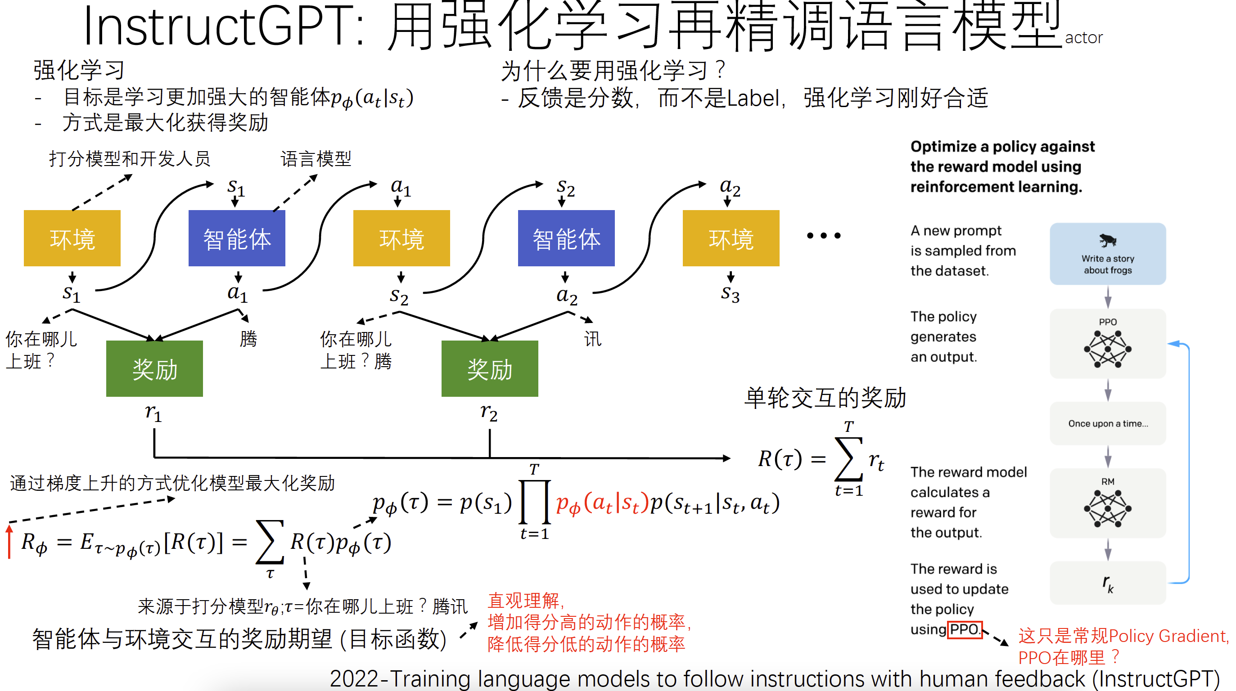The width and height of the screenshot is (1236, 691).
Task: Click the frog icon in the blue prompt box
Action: point(1107,240)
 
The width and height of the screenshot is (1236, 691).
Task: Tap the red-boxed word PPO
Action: point(965,629)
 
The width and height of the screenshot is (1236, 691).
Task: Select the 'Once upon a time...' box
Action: point(1107,423)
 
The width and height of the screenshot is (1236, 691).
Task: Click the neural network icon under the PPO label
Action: point(1107,349)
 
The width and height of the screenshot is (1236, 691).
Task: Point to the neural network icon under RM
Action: point(1107,509)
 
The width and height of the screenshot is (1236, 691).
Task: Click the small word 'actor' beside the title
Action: point(1083,38)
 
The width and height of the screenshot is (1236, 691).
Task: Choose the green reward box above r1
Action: point(154,369)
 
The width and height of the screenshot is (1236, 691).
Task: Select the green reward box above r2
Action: point(489,369)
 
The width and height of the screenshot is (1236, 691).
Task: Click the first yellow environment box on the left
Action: point(72,238)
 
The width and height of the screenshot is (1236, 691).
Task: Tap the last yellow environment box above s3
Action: point(731,238)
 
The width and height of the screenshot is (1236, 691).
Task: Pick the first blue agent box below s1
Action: point(237,238)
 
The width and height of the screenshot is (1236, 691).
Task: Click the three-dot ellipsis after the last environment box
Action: point(823,235)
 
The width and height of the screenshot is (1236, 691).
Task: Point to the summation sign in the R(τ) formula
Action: point(848,459)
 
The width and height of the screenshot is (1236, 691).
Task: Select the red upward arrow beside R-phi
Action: point(9,542)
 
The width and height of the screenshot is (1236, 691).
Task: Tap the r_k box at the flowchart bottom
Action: point(1107,583)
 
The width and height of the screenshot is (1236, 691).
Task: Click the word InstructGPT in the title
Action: point(218,27)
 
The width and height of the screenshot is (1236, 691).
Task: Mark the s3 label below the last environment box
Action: point(730,293)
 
